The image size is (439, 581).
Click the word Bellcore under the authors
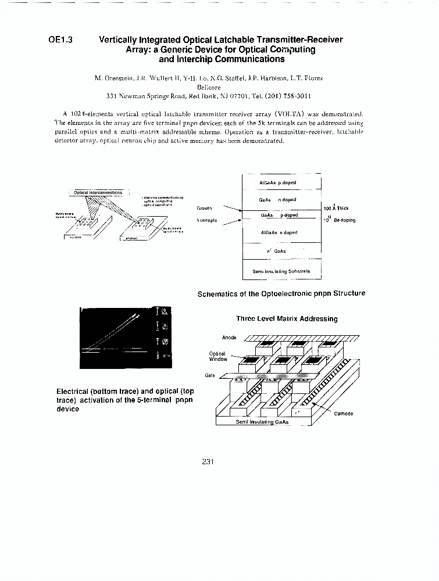pyautogui.click(x=209, y=86)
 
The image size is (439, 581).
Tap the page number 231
pyautogui.click(x=209, y=462)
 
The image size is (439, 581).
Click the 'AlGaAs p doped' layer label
pyautogui.click(x=277, y=182)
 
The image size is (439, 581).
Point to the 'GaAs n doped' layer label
pyautogui.click(x=277, y=200)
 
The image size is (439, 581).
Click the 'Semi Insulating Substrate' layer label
pyautogui.click(x=281, y=271)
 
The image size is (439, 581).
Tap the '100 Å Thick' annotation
pyautogui.click(x=336, y=207)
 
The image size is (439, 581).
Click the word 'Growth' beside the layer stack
pyautogui.click(x=204, y=207)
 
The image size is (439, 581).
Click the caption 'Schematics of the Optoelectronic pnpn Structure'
pyautogui.click(x=281, y=293)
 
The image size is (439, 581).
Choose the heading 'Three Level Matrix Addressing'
pyautogui.click(x=287, y=318)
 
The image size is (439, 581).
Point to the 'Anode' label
pyautogui.click(x=229, y=338)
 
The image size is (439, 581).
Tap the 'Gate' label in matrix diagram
pyautogui.click(x=210, y=375)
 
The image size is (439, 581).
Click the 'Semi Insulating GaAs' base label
pyautogui.click(x=262, y=422)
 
